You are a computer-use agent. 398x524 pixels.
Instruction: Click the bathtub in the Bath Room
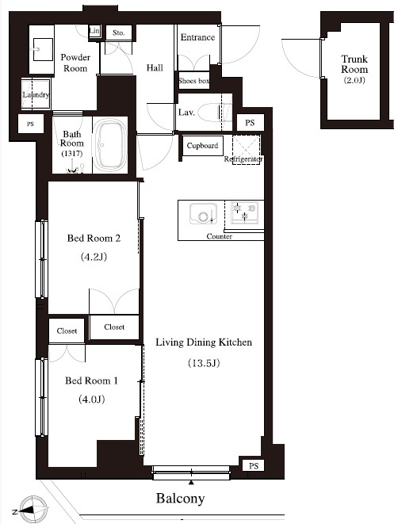[110, 145]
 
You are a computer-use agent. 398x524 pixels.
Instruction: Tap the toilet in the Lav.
[215, 113]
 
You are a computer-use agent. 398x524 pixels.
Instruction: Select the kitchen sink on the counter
[203, 213]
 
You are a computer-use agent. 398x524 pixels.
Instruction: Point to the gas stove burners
[245, 212]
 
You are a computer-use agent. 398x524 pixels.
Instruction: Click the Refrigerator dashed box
[247, 149]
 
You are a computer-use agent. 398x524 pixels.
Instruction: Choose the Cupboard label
[202, 146]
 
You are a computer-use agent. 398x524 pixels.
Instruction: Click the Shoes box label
[193, 81]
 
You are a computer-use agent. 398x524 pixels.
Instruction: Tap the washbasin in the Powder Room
[42, 49]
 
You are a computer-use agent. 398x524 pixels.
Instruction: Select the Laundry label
[36, 94]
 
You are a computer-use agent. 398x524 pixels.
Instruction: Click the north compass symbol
[31, 510]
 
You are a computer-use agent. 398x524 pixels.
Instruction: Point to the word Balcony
[180, 499]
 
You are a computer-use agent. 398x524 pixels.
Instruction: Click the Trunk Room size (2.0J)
[354, 80]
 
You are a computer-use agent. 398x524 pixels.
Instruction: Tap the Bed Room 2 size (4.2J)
[94, 257]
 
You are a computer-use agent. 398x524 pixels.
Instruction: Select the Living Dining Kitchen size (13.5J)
[204, 362]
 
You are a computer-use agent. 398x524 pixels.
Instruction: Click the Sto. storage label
[119, 33]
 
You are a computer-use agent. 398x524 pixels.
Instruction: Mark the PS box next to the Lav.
[250, 123]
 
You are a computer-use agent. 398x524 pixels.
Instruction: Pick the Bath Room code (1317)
[72, 154]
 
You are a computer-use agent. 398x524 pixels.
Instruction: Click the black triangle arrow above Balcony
[191, 482]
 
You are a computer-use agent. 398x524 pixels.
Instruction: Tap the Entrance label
[197, 37]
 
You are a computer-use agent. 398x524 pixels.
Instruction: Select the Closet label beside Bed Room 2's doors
[114, 327]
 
